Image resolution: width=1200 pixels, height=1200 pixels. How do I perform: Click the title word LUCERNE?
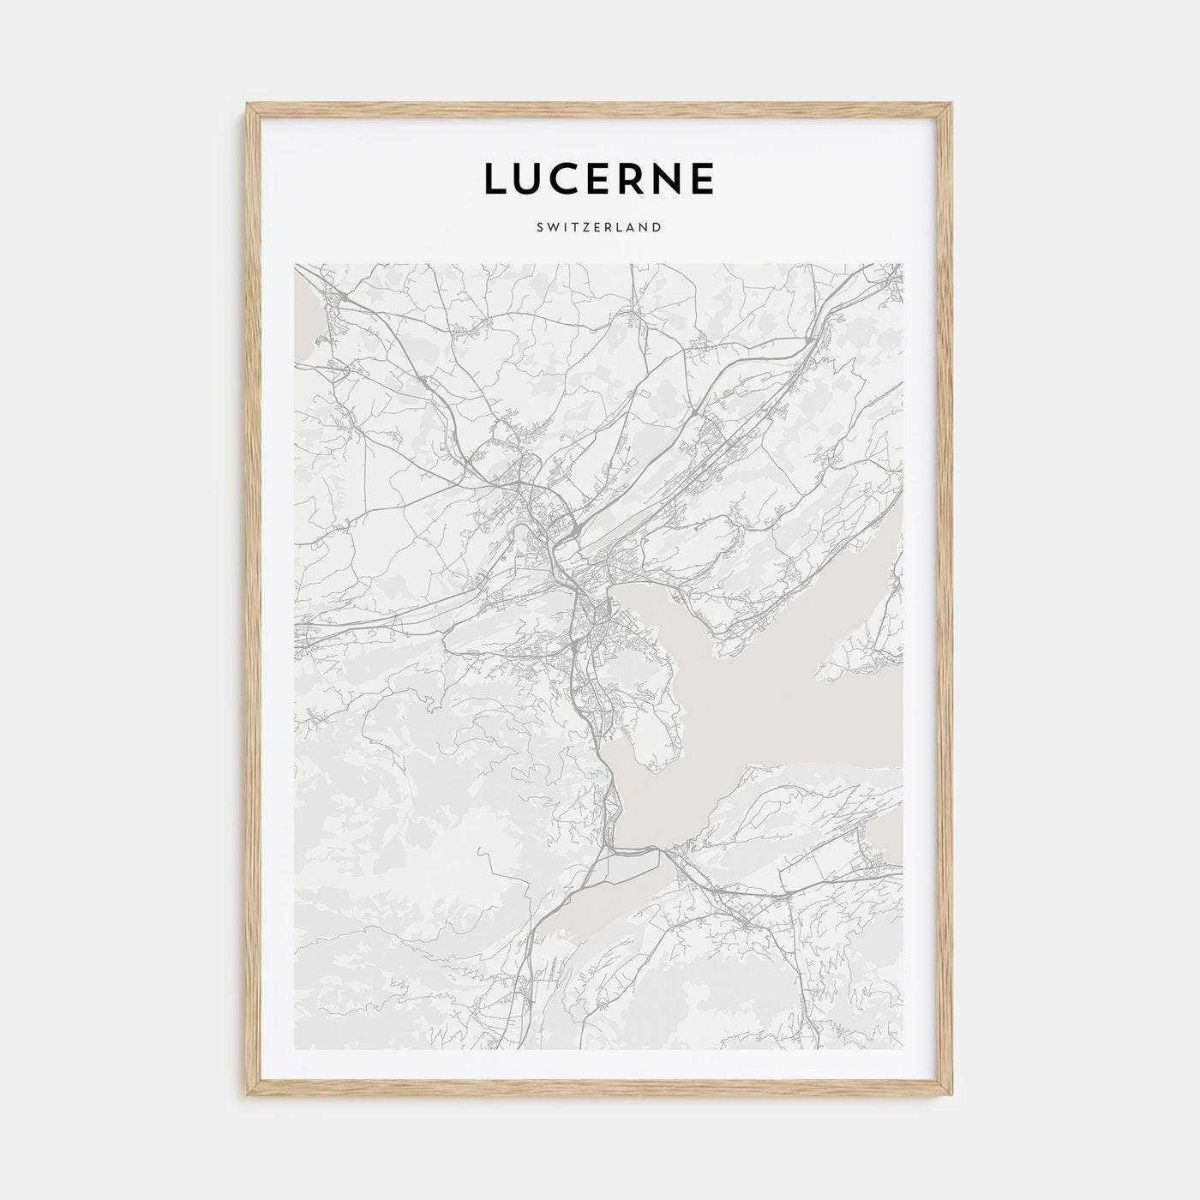[599, 178]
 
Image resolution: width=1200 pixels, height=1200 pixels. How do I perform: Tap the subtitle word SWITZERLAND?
[599, 227]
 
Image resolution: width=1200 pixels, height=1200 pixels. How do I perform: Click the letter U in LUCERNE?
[529, 178]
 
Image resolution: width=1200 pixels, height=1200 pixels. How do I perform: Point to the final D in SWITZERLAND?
[656, 227]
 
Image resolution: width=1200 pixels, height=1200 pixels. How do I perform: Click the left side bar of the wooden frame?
[252, 600]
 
